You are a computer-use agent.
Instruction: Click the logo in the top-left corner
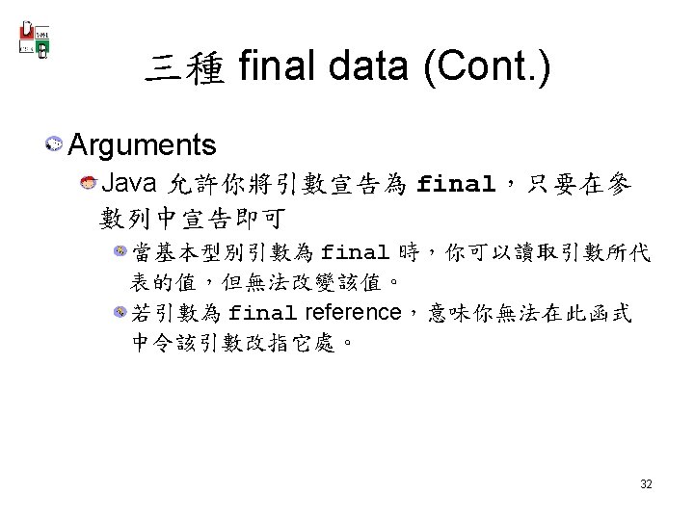36,38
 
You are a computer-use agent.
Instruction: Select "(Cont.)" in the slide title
488,68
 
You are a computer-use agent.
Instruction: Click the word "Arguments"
143,145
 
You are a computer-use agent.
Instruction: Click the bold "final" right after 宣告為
456,184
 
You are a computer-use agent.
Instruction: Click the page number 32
646,483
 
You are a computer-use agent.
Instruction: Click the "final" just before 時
355,253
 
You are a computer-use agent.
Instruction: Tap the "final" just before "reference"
264,313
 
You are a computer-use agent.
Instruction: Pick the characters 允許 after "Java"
193,184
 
